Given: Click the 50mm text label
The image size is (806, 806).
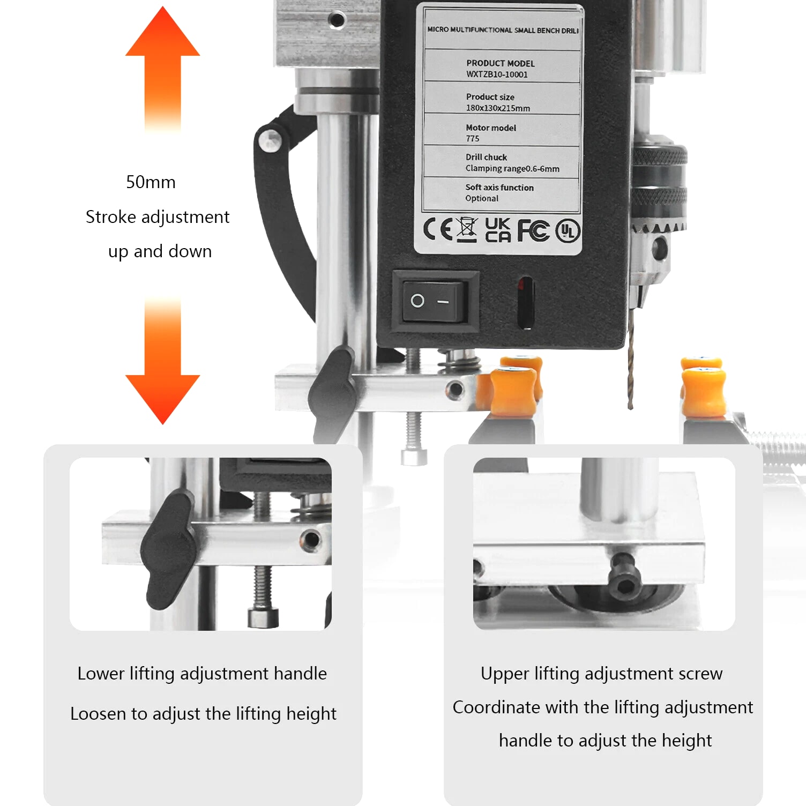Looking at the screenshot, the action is (151, 182).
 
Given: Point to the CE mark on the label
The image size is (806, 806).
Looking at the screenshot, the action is (438, 229).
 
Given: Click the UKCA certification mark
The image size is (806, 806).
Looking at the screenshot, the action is (498, 230).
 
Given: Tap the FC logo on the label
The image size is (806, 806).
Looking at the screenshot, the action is (534, 230).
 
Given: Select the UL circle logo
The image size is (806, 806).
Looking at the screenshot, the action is (568, 231).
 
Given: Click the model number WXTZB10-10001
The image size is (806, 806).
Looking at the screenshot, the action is (497, 74).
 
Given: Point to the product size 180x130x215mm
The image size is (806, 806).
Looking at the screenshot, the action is (498, 108).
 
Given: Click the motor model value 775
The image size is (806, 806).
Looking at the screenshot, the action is (472, 139).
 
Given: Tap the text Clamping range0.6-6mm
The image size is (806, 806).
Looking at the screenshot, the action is (512, 169).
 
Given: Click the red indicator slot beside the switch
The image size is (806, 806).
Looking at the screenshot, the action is (526, 302).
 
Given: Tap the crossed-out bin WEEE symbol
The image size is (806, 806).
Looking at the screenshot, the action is (467, 230).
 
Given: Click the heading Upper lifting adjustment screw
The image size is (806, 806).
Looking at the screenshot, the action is (601, 674).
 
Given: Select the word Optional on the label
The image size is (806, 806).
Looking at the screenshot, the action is (482, 199).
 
